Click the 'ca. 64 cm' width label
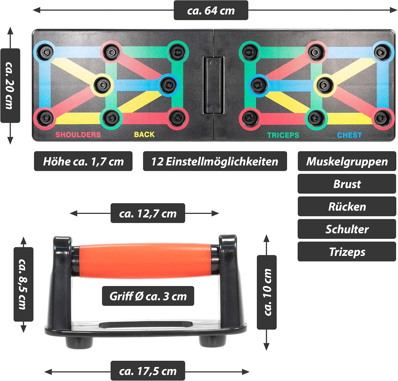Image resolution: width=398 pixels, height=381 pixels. [211, 10]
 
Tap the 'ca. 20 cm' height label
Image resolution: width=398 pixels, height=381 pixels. [10, 86]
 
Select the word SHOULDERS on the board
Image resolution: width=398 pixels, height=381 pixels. [78, 135]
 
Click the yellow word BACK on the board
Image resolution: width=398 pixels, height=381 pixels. [144, 134]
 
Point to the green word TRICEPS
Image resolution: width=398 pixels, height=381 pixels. [283, 135]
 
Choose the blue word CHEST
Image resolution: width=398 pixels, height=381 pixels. [349, 135]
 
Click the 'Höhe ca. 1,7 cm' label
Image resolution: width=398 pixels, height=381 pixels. [83, 161]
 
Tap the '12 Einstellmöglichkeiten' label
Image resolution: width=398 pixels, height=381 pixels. [215, 161]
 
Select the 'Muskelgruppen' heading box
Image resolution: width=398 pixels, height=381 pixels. [347, 161]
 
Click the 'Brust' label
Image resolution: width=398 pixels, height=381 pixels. [347, 184]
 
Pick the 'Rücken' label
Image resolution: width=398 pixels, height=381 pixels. [347, 207]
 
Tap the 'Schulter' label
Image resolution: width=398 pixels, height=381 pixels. [347, 229]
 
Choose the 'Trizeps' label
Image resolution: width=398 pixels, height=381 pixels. [347, 251]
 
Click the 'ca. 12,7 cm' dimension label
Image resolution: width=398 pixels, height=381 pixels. [148, 213]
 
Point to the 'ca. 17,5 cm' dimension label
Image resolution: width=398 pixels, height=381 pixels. [148, 371]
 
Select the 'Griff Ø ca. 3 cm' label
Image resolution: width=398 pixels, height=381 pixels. [148, 296]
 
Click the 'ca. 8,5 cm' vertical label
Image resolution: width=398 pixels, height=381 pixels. [23, 284]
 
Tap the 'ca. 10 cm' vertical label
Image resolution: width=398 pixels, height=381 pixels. [266, 292]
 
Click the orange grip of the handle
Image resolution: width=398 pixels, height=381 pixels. [145, 261]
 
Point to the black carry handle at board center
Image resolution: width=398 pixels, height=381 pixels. [213, 85]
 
